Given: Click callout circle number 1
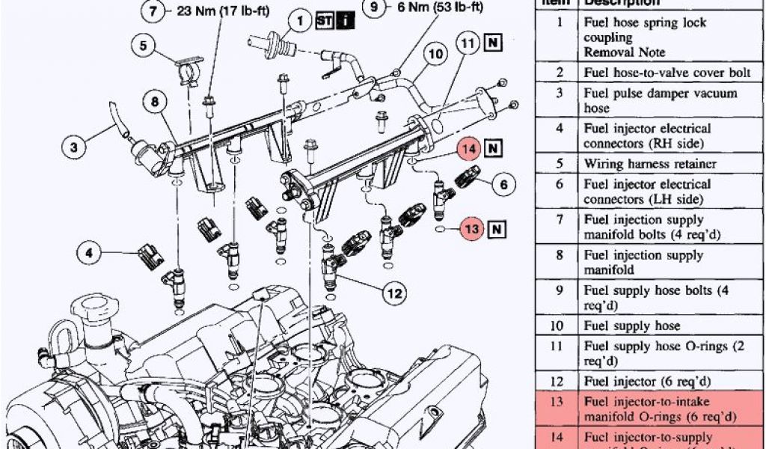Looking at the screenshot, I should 300,21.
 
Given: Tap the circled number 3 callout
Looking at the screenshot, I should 74,147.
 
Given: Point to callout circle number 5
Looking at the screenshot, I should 142,46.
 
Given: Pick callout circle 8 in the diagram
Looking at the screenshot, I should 155,101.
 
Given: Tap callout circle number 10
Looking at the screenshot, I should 436,54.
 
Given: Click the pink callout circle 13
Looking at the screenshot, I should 471,229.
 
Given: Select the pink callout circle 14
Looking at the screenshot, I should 470,148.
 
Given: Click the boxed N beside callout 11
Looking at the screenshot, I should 494,43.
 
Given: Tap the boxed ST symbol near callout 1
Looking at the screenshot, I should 325,21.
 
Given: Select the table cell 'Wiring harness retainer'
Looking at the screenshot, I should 649,163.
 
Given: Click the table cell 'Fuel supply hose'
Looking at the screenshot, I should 632,326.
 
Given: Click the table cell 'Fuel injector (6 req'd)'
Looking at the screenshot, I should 647,382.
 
